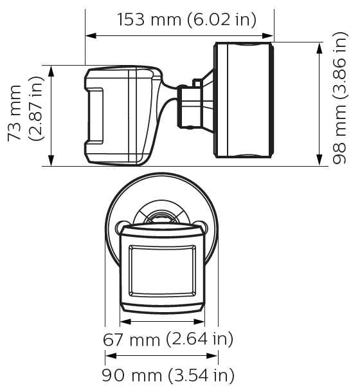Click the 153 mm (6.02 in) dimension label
pyautogui.click(x=186, y=20)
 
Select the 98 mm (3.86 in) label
pyautogui.click(x=339, y=98)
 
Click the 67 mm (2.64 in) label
pyautogui.click(x=168, y=339)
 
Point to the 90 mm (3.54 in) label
pyautogui.click(x=168, y=375)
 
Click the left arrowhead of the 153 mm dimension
pyautogui.click(x=91, y=36)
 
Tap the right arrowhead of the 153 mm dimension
pyautogui.click(x=268, y=36)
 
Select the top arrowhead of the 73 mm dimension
pyautogui.click(x=51, y=71)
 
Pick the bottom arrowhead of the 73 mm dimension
pyautogui.click(x=51, y=160)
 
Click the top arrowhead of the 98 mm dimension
pyautogui.click(x=319, y=48)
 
